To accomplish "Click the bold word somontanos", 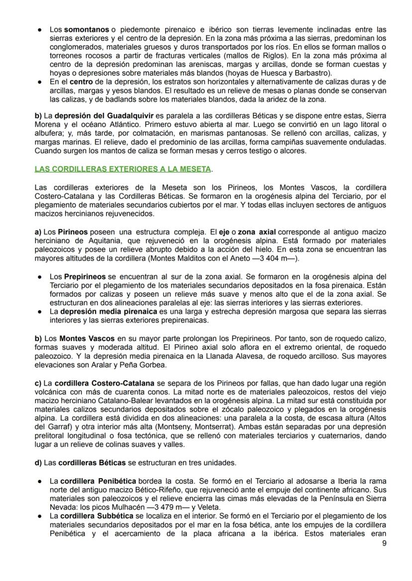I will [x=87, y=30].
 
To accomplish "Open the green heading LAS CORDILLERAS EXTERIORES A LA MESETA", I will [x=122, y=169].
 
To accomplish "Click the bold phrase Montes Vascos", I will [x=87, y=338].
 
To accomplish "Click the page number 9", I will [x=384, y=543].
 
